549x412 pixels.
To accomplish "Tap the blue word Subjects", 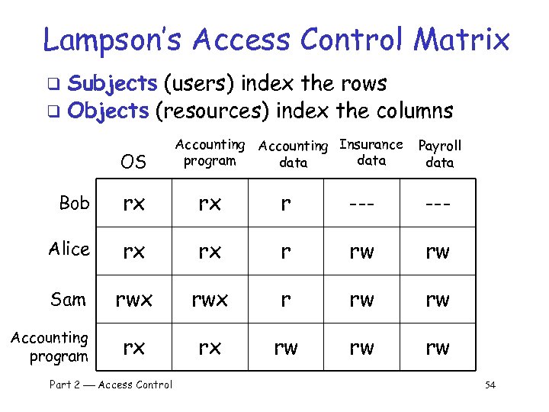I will coord(112,83).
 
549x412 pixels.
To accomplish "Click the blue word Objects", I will coord(108,111).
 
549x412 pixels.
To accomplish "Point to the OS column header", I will coord(133,162).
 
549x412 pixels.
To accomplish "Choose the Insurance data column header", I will coord(371,152).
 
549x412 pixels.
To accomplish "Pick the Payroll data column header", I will coord(440,153).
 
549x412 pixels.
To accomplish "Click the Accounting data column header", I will coord(293,153).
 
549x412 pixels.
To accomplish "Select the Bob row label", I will coord(74,203).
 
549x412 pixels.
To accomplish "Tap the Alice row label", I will coord(69,249).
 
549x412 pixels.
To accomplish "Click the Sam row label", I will coord(69,299).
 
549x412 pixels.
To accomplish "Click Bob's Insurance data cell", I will coord(361,204).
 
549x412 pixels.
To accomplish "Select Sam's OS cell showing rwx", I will coord(133,300).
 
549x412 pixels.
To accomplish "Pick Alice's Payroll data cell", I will coord(438,252).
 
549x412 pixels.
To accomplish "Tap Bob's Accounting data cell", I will coord(285,204).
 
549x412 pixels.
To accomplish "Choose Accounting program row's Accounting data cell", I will coord(285,348).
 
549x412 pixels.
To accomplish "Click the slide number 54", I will coord(490,385).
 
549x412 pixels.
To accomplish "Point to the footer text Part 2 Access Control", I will coord(111,385).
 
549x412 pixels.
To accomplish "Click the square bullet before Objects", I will coord(52,113).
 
